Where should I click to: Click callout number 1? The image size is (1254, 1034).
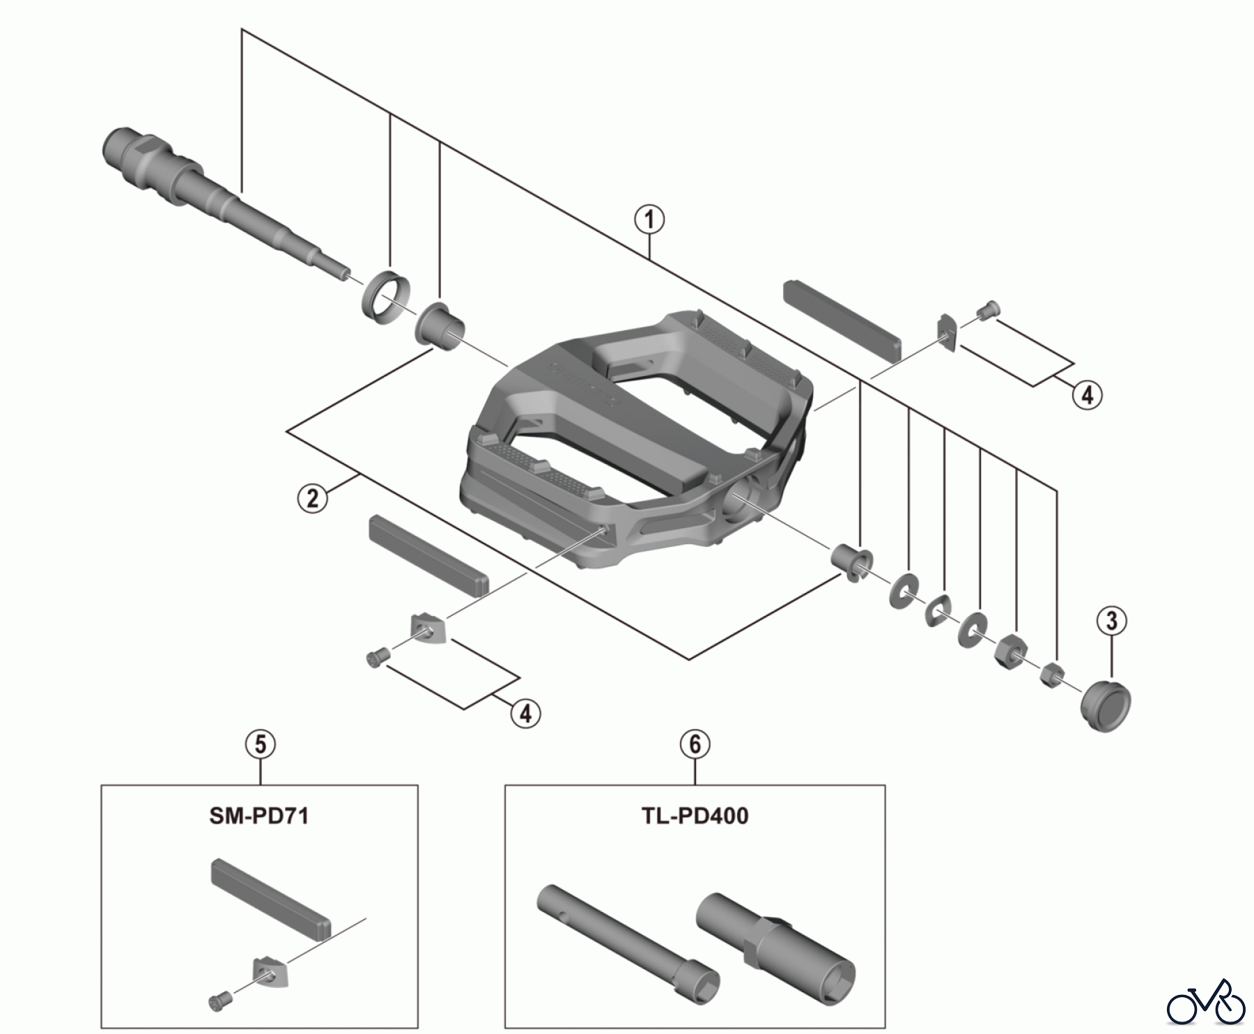tap(649, 220)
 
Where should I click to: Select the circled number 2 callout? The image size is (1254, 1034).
tap(313, 498)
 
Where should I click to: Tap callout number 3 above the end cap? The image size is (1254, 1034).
tap(1111, 620)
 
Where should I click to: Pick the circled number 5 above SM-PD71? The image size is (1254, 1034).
tap(260, 744)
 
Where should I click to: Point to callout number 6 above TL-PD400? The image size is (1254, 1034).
tap(695, 744)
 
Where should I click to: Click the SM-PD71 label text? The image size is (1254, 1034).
tap(259, 815)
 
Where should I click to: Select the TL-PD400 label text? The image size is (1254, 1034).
tap(695, 815)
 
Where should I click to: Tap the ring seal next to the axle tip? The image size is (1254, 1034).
tap(385, 296)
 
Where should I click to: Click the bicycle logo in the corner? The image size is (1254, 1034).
tap(1206, 1003)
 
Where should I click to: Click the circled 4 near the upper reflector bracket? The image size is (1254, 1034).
tap(1087, 395)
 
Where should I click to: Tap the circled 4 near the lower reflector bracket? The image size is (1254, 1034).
tap(525, 713)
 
